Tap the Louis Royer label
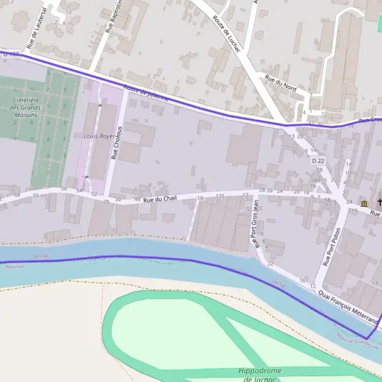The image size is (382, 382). click(99, 136)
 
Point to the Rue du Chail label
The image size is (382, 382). click(160, 199)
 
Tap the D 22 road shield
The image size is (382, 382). click(318, 161)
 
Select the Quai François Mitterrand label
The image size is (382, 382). click(350, 306)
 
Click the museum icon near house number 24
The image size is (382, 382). click(364, 203)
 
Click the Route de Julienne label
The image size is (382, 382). click(146, 95)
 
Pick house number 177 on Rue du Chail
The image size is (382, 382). click(220, 195)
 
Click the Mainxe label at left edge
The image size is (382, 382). click(15, 267)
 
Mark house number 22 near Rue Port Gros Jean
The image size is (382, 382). click(271, 264)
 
